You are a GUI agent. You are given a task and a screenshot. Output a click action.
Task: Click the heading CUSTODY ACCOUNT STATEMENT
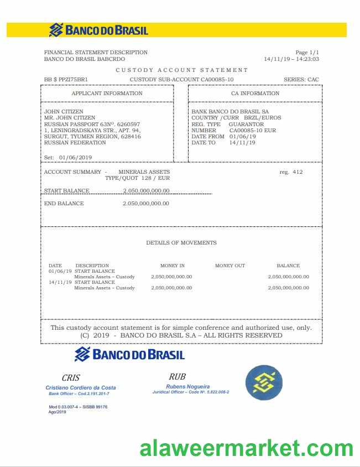coord(181,70)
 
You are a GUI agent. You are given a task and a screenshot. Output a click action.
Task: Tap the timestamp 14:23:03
coord(307,59)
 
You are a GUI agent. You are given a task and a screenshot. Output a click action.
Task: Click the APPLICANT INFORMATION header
coord(107,94)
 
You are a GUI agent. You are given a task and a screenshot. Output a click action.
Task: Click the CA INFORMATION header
coord(255,94)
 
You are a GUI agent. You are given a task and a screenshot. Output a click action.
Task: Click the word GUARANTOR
coord(246,124)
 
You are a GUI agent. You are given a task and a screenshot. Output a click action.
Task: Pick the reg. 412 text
coord(291,172)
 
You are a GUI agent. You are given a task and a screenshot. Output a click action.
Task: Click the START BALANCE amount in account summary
coord(146,191)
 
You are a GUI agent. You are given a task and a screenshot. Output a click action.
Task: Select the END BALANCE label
coord(64,204)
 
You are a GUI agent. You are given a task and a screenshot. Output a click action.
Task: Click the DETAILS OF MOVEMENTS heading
coord(181,243)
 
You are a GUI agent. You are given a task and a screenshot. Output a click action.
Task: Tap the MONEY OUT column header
coord(230,266)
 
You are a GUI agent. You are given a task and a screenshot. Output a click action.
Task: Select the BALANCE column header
coord(288,266)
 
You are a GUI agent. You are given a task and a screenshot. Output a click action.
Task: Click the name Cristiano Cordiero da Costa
coord(81,388)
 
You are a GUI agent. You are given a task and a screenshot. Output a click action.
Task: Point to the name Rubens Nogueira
coord(187,386)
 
